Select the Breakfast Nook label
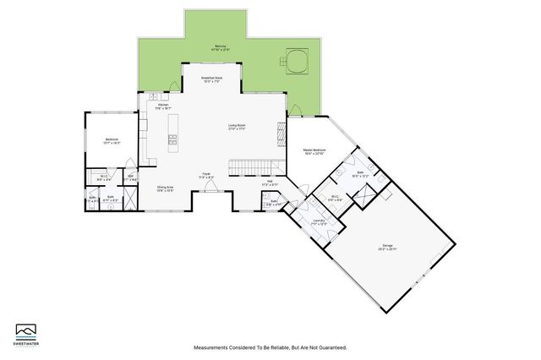211,79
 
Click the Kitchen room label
163,106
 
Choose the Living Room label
236,127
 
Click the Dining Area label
165,188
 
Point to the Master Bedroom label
314,153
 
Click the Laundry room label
319,221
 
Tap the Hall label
270,183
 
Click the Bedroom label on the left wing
112,140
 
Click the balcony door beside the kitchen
173,84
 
